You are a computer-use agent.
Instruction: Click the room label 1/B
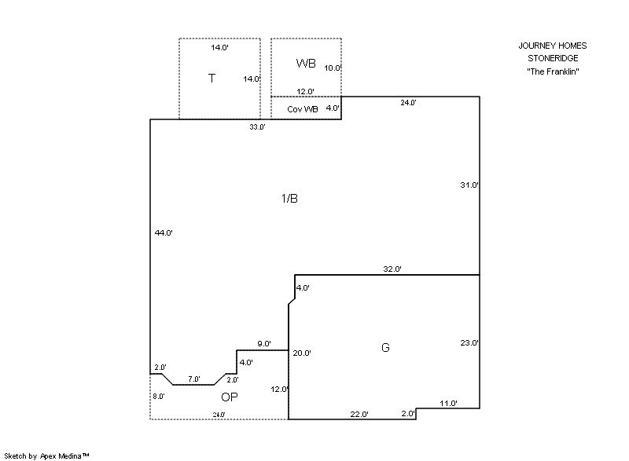coord(289,198)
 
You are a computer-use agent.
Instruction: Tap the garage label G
coord(385,347)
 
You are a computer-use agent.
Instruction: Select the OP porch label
coord(230,397)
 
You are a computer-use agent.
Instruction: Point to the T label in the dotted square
coord(212,78)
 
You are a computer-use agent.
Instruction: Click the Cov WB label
coord(303,109)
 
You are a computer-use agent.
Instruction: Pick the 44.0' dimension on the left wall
coord(164,232)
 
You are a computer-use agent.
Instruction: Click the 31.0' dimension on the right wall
coord(469,185)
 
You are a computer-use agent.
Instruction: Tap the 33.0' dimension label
coord(258,127)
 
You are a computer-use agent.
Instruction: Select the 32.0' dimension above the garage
coord(392,269)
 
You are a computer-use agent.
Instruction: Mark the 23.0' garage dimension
coord(469,343)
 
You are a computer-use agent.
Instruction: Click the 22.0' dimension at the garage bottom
coord(359,414)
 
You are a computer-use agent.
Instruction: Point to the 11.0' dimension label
coord(448,404)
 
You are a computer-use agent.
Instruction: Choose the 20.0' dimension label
coord(302,353)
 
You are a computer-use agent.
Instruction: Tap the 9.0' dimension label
coord(264,344)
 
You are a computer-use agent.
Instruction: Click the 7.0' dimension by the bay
coord(194,379)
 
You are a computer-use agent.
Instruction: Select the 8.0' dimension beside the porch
coord(159,396)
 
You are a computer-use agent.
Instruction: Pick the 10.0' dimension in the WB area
coord(333,68)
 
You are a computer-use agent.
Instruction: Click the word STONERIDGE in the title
coord(553,58)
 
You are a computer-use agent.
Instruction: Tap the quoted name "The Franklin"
coord(553,71)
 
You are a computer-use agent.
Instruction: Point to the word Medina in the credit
coord(70,456)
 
